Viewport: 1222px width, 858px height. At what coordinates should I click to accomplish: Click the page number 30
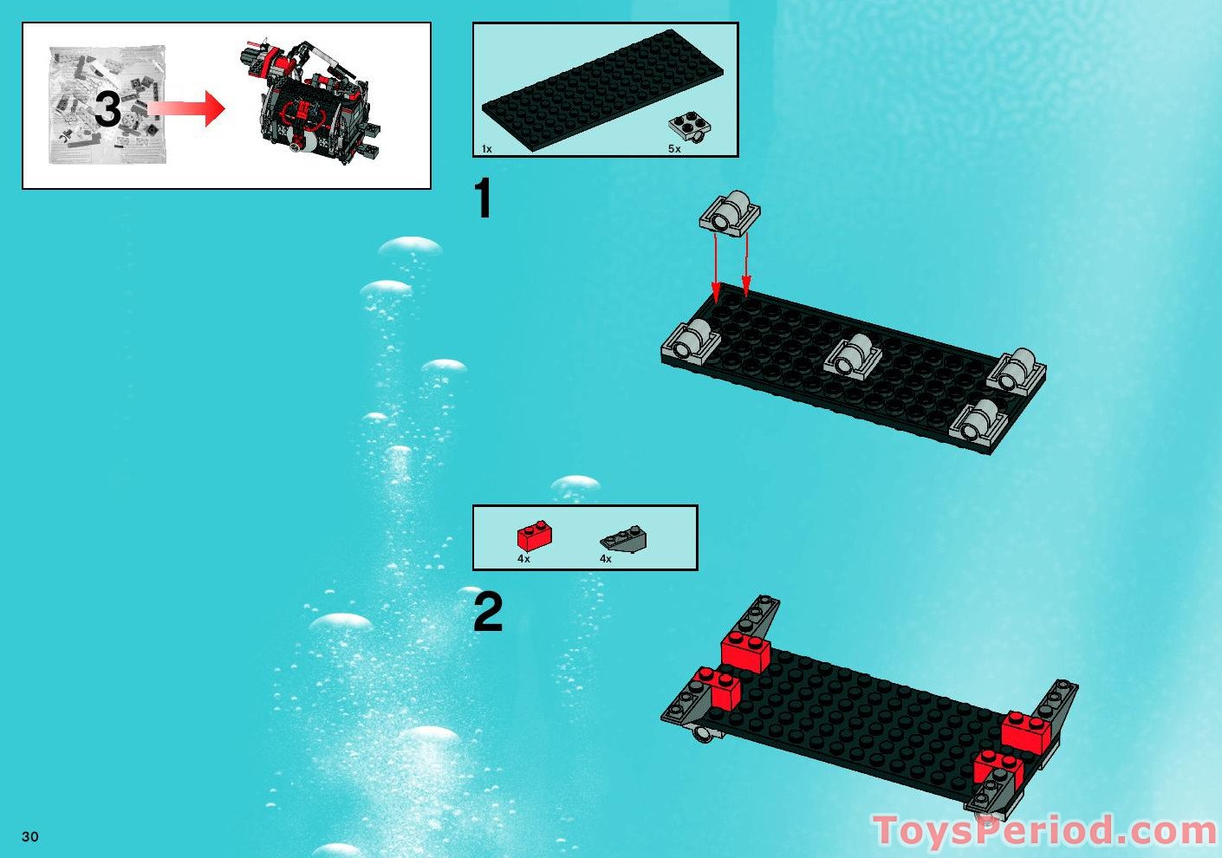(30, 836)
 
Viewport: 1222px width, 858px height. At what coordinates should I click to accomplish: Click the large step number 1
(484, 199)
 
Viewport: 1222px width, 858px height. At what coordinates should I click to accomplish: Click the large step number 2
(488, 612)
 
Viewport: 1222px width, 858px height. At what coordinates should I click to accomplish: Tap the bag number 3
(107, 110)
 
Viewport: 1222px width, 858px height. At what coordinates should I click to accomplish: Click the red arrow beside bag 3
(186, 108)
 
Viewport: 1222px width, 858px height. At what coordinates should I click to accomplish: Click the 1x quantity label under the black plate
(487, 149)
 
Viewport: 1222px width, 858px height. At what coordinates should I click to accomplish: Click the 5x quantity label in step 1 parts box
(674, 149)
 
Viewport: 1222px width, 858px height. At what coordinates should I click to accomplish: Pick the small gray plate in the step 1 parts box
(690, 127)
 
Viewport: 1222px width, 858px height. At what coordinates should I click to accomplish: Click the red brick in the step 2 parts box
(535, 536)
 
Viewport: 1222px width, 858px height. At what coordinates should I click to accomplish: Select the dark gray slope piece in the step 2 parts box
(624, 540)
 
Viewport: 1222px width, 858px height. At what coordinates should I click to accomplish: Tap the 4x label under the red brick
(523, 559)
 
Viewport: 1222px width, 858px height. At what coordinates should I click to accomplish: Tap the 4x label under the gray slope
(606, 559)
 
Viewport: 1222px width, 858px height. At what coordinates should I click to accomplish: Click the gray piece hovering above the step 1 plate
(730, 211)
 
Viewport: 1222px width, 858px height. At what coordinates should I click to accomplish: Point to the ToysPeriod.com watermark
(1044, 830)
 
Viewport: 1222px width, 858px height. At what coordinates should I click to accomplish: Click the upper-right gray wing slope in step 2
(1056, 701)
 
